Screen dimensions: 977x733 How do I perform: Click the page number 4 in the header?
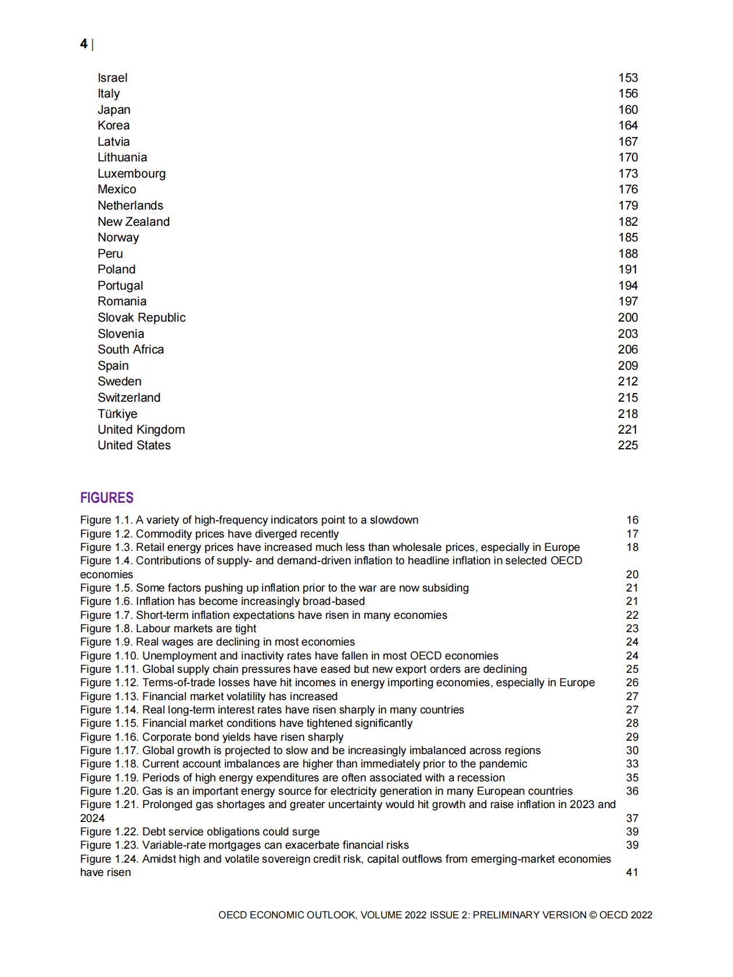point(84,44)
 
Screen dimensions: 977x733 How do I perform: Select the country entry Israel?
point(112,78)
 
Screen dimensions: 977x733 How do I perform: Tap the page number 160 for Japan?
point(627,110)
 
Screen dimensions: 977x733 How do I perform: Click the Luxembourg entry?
point(131,174)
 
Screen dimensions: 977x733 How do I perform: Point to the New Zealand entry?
point(134,222)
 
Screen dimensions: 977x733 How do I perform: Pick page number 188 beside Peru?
point(627,254)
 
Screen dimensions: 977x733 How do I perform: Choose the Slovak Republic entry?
point(141,318)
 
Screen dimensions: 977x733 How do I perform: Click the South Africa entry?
point(131,349)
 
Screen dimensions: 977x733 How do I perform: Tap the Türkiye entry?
point(117,414)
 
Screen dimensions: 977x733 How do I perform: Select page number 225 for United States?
point(627,445)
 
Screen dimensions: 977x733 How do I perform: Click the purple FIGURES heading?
point(107,497)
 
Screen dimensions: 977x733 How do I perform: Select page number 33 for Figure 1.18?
point(632,764)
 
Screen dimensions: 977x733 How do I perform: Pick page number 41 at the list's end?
point(632,873)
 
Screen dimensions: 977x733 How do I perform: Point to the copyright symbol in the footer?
point(593,915)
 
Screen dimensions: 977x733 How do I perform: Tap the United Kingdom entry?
point(141,430)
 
